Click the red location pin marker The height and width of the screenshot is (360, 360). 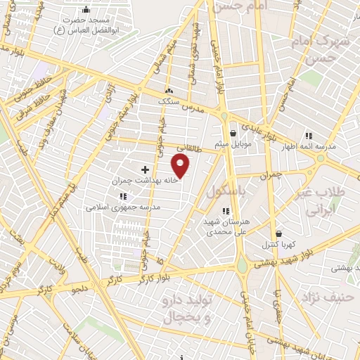[181, 166]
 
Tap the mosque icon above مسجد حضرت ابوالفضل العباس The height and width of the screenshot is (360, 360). [86, 10]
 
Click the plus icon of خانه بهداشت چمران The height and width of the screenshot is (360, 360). [146, 169]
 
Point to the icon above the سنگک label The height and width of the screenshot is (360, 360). [168, 91]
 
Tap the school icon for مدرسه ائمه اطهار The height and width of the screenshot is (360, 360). [307, 136]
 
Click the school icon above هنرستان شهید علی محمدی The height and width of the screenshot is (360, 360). [225, 210]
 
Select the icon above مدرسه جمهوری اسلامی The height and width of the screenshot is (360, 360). [123, 197]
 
